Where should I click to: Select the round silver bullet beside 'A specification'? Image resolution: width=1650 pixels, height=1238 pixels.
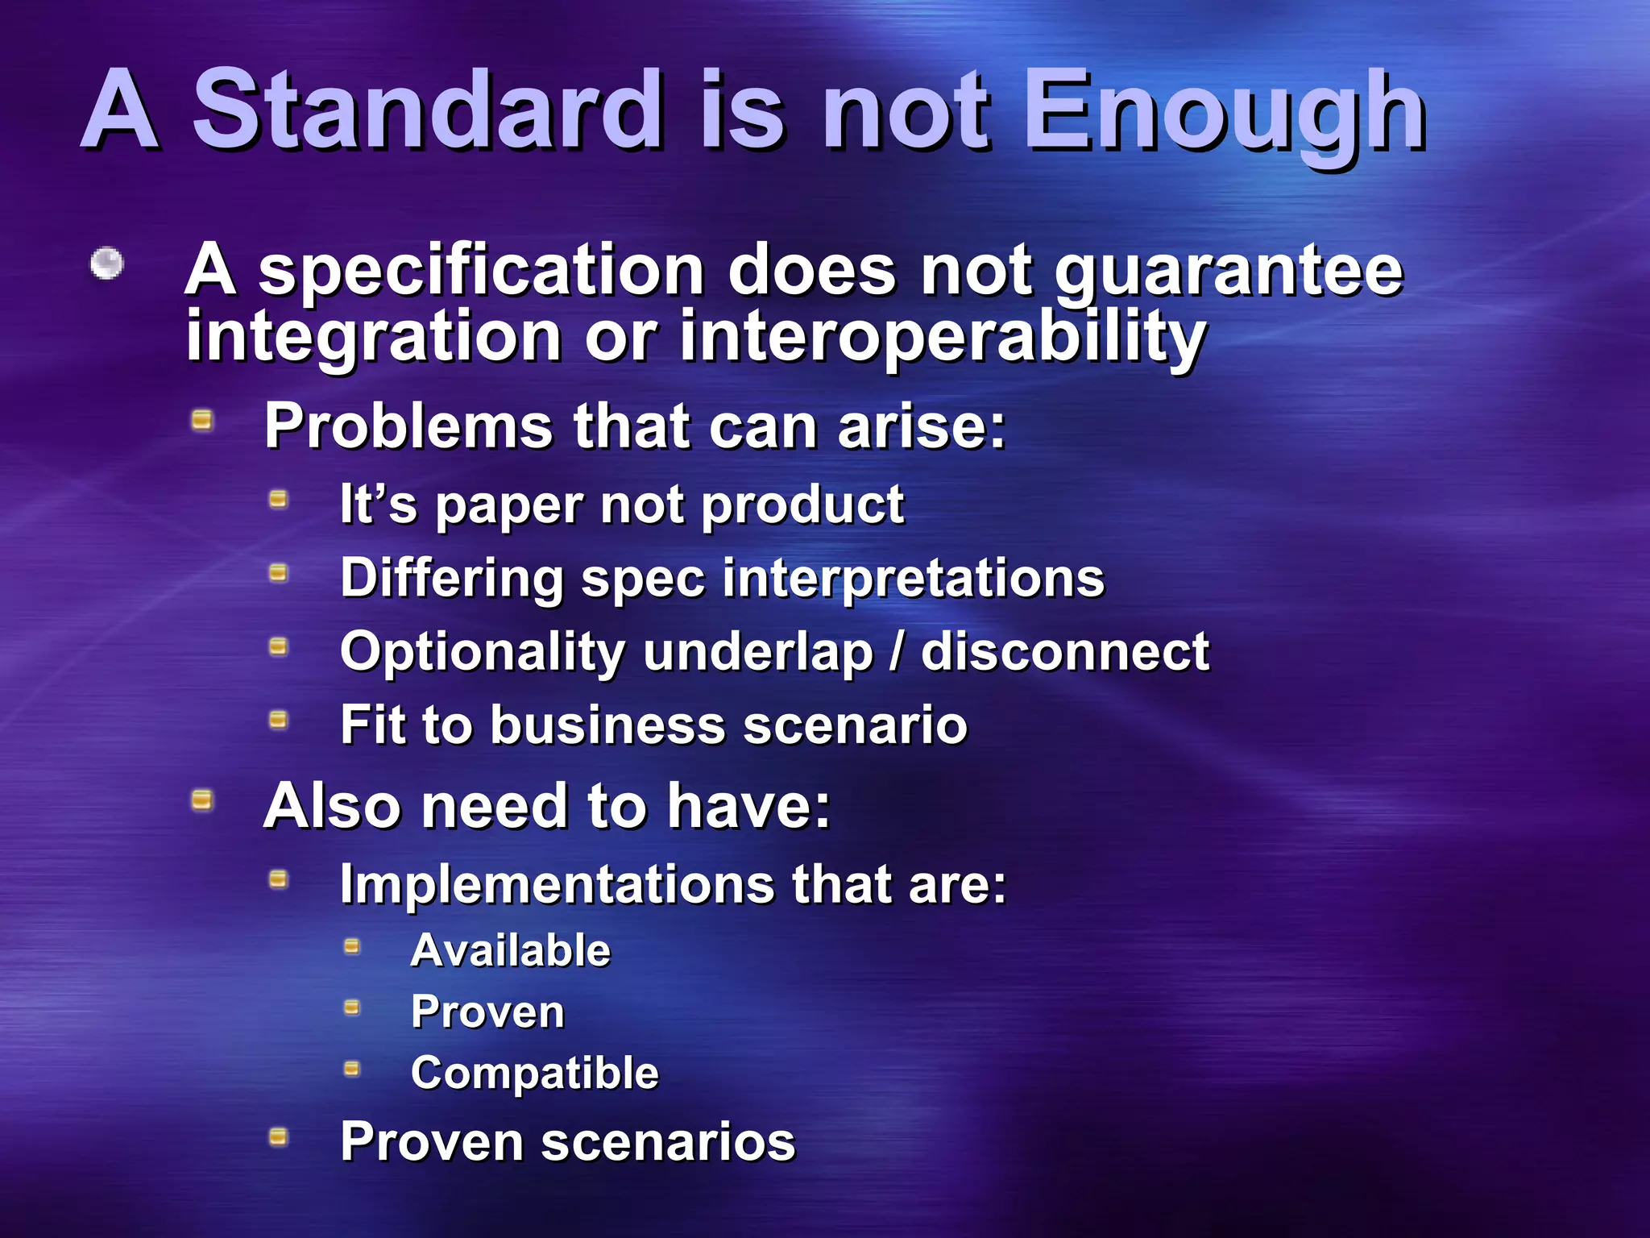click(x=106, y=263)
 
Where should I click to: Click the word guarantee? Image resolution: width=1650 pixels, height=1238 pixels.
click(x=1229, y=272)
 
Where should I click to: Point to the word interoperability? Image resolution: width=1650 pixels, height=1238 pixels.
click(x=943, y=337)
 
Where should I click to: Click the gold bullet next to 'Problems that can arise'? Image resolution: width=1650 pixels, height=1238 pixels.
click(x=202, y=419)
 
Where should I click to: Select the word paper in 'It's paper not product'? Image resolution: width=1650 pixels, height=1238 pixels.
click(x=508, y=506)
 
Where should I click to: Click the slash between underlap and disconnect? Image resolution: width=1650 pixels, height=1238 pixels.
click(x=897, y=651)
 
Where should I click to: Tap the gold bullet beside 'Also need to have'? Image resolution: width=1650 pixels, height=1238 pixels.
click(x=202, y=800)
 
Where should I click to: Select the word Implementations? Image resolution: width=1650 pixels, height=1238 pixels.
click(x=556, y=884)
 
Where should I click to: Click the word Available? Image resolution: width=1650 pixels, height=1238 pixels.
click(x=511, y=950)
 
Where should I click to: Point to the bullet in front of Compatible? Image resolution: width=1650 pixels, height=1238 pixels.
click(x=352, y=1069)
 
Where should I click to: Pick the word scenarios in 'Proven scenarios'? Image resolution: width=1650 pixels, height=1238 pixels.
click(x=668, y=1142)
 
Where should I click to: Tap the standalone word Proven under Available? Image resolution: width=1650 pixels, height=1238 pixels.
click(x=487, y=1012)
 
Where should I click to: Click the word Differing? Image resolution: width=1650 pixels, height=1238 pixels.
click(x=451, y=579)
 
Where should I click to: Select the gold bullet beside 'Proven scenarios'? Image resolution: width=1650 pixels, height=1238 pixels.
click(x=278, y=1136)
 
